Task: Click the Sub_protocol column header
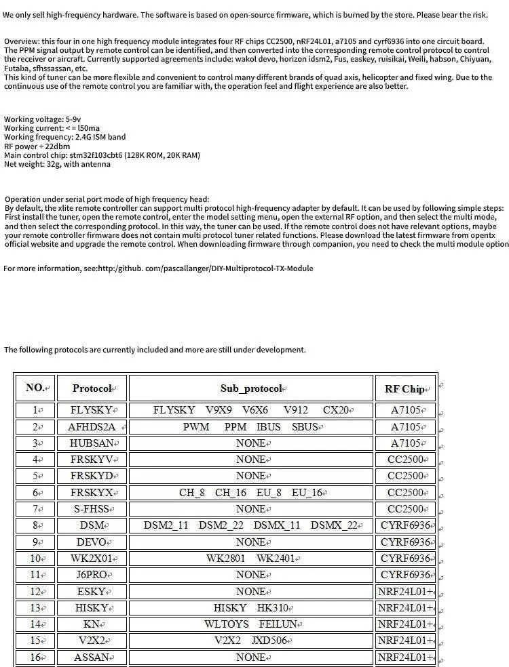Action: (251, 388)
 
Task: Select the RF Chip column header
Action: (404, 388)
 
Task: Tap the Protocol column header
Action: (92, 388)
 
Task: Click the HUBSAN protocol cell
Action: (92, 443)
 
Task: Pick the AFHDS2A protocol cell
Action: (92, 427)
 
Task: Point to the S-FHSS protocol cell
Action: (92, 509)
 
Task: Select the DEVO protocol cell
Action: (92, 542)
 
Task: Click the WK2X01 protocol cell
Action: (92, 559)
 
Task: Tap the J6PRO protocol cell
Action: (92, 575)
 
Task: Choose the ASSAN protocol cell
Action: (92, 657)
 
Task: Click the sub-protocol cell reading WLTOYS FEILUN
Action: (251, 624)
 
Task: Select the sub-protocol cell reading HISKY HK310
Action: (251, 608)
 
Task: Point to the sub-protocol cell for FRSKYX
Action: (251, 493)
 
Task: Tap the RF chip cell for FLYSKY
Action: (406, 410)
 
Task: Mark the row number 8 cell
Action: (35, 525)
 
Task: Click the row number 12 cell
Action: (35, 591)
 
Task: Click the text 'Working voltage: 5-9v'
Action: (42, 119)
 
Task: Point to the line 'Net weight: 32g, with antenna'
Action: (57, 164)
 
